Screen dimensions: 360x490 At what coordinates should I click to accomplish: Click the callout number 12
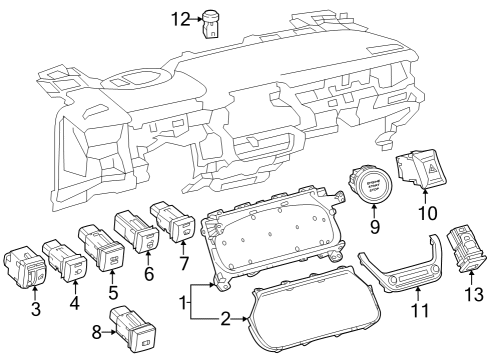tap(179, 19)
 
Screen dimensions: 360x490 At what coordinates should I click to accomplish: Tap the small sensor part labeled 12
tap(212, 21)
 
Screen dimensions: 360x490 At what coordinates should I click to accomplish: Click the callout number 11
tap(421, 311)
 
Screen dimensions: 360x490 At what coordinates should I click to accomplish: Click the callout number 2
tap(226, 320)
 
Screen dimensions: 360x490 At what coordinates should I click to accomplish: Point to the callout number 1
tap(184, 301)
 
